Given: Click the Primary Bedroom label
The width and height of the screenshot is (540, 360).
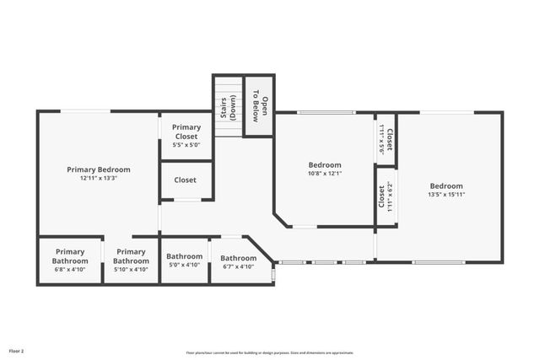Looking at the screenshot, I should click(98, 169).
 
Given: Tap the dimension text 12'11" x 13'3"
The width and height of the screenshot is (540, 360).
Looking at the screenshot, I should click(98, 178).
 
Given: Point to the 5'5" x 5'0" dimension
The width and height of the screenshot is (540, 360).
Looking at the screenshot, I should click(186, 145).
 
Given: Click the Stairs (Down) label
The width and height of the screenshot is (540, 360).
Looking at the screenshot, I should click(229, 107).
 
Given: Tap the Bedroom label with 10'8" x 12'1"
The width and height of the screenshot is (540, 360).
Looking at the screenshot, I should click(325, 165).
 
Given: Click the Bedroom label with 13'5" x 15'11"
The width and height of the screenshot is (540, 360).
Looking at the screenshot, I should click(445, 186).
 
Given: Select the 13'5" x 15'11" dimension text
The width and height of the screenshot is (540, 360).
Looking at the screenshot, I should click(445, 195).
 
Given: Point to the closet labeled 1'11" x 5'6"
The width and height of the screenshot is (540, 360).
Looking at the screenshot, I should click(386, 138).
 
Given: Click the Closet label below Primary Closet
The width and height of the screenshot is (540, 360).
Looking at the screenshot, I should click(186, 180).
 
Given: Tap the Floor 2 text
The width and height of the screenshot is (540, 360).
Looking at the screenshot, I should click(17, 350).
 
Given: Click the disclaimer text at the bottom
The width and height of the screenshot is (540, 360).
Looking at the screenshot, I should click(269, 352).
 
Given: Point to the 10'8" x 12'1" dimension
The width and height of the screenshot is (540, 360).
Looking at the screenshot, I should click(325, 174).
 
